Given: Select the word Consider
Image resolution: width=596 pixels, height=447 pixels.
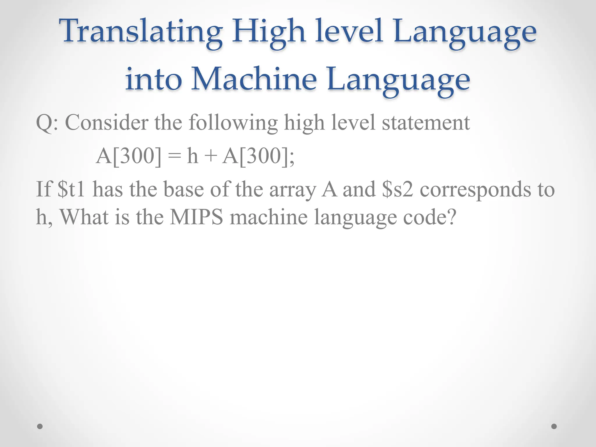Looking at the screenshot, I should (x=107, y=122).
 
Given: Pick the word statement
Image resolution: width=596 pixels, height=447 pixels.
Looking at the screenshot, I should (x=426, y=122).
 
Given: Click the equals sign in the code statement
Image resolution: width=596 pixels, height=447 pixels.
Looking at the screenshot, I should (x=174, y=156).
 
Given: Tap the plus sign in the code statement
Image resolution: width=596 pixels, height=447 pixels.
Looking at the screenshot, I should (x=210, y=156).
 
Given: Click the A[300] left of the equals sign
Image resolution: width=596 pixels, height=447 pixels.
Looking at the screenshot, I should (x=128, y=156).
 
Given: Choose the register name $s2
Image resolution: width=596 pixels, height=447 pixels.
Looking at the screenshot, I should (x=398, y=189).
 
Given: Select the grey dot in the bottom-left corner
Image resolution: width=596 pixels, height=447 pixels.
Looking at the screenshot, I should (x=40, y=426).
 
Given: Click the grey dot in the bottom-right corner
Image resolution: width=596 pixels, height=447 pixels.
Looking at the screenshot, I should (x=554, y=426).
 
